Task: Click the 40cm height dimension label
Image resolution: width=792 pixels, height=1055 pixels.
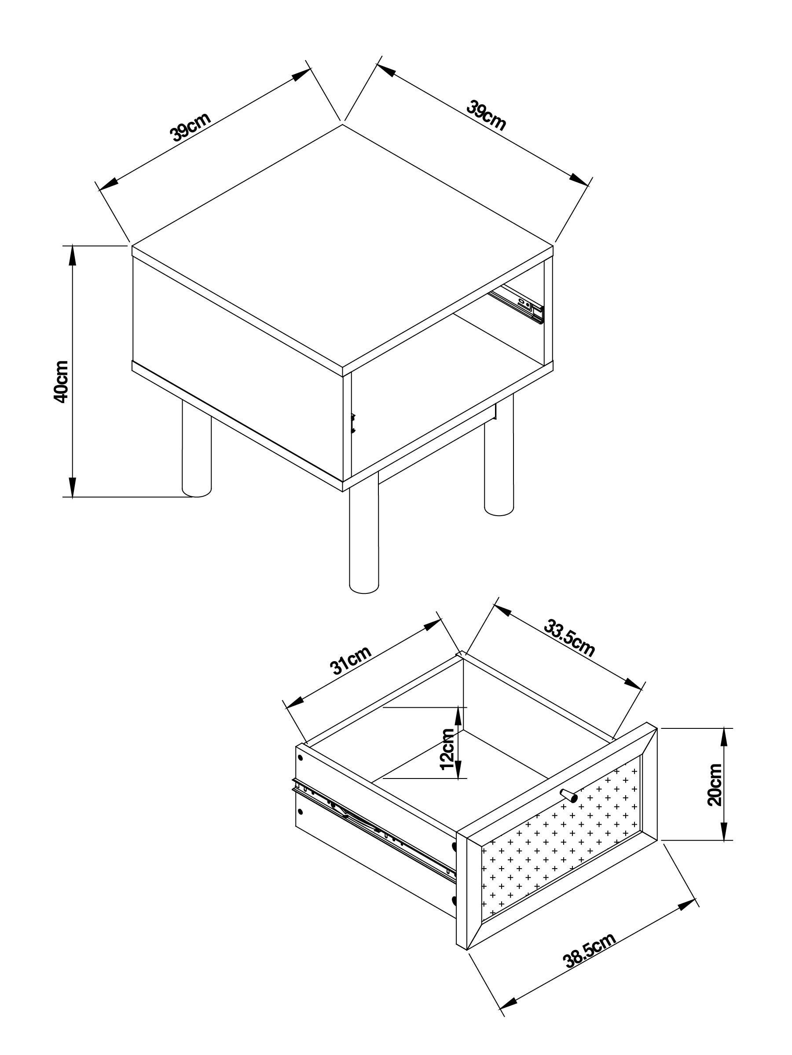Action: (62, 382)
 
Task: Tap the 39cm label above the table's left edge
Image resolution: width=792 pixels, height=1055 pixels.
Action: (190, 127)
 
